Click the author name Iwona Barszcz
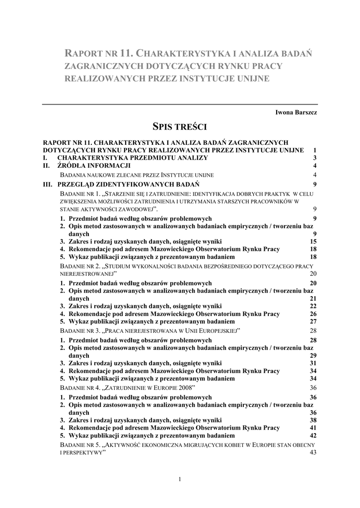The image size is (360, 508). [x=296, y=113]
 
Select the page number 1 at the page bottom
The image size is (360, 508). [x=179, y=479]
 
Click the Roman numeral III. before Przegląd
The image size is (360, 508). [x=48, y=184]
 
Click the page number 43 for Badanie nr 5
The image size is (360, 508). [x=313, y=452]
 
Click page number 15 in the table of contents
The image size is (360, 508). [x=313, y=242]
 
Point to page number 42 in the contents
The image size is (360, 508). [x=313, y=436]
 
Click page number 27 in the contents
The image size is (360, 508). [x=313, y=321]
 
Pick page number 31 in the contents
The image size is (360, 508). [x=313, y=363]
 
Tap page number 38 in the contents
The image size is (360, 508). [x=313, y=420]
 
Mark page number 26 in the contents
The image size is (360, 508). [x=313, y=314]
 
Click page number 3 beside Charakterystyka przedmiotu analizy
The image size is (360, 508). [x=315, y=158]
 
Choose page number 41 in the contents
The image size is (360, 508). [x=313, y=428]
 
